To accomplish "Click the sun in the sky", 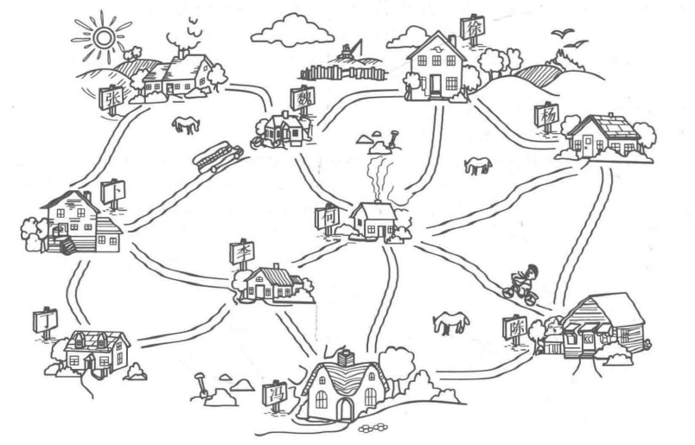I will [x=103, y=35].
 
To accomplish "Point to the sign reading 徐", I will [x=473, y=28].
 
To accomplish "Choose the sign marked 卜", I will [x=113, y=191].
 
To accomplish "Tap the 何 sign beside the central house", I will [x=330, y=215].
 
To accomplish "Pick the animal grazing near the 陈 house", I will [x=450, y=321].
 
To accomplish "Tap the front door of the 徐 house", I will [x=435, y=83].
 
